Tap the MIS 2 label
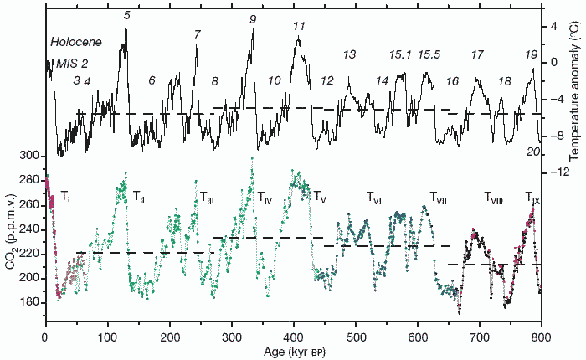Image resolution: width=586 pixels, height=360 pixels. click(72, 63)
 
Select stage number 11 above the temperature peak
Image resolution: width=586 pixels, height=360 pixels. click(299, 27)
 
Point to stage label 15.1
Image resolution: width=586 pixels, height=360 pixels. click(400, 55)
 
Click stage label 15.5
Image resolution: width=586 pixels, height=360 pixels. click(429, 55)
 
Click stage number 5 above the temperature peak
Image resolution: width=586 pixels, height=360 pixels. click(126, 14)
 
